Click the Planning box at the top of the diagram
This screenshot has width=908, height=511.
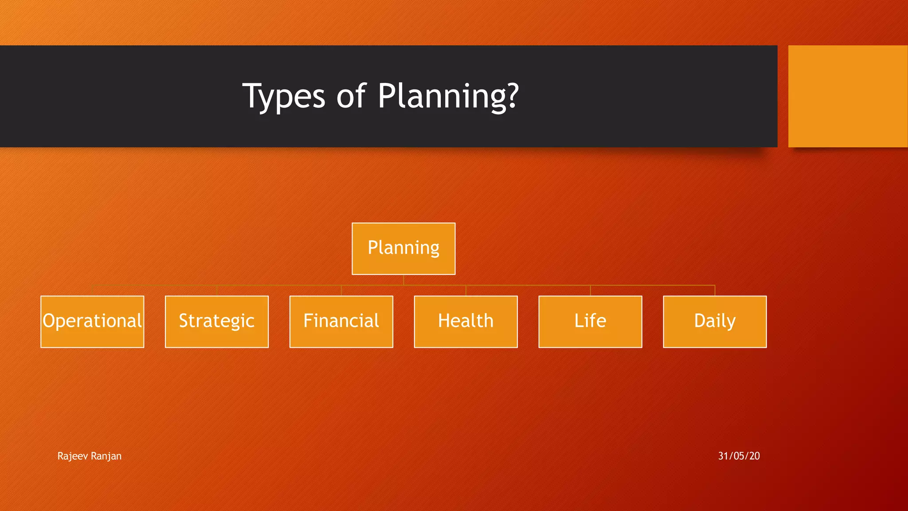click(x=403, y=248)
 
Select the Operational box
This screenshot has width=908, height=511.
click(x=92, y=322)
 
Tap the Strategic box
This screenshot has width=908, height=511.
click(x=217, y=322)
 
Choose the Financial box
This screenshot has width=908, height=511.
click(x=341, y=322)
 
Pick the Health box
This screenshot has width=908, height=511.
click(x=466, y=322)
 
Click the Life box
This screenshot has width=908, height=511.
click(x=590, y=322)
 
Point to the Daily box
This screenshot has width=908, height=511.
click(x=715, y=322)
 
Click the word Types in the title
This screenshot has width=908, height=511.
click(x=284, y=96)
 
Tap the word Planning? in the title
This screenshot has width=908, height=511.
click(x=448, y=96)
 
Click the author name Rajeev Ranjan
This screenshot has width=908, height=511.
click(x=89, y=456)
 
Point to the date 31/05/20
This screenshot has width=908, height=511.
click(x=739, y=456)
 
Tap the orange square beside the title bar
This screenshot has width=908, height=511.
click(x=848, y=96)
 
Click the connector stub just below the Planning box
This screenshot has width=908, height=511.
click(x=403, y=280)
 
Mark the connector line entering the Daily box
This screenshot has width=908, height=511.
click(x=715, y=291)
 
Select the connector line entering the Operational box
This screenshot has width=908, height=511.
click(x=92, y=291)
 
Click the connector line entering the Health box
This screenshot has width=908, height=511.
click(x=466, y=291)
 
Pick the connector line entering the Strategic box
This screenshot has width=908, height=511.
click(x=217, y=291)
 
